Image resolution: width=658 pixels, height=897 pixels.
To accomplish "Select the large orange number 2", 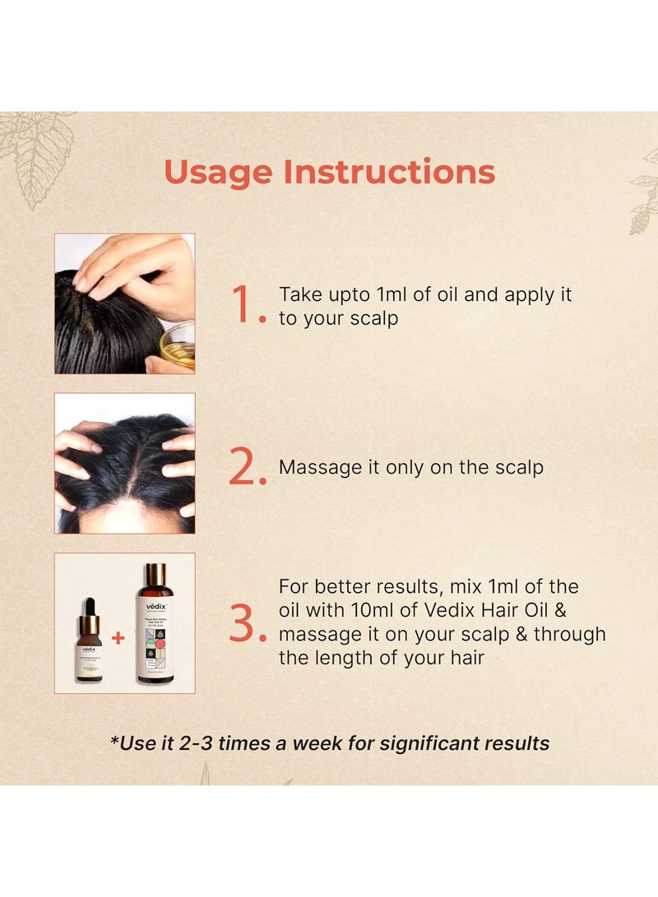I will click(x=245, y=468).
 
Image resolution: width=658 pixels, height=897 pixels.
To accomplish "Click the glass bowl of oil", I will click(x=178, y=344).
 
